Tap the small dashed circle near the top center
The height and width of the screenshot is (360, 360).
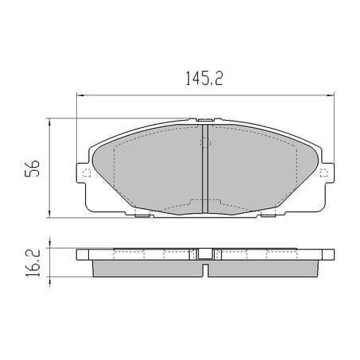pos(203,144)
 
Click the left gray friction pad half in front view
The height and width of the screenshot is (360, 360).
pos(147,167)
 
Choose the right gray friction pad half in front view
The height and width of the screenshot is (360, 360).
pos(262,167)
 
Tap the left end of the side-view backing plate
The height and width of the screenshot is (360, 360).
pos(80,255)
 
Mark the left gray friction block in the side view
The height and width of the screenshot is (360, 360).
pos(147,269)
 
